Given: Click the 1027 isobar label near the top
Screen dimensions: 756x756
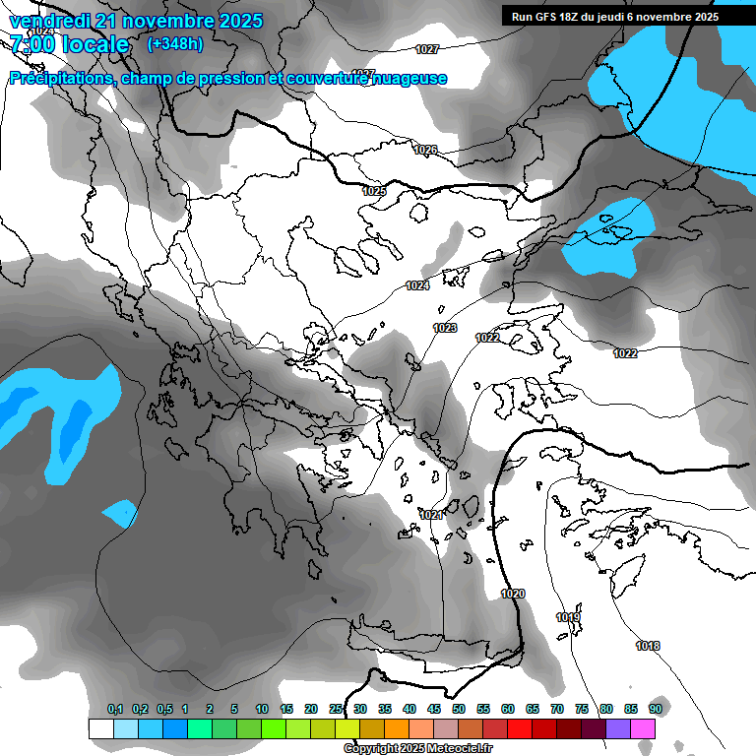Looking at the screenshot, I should (427, 49).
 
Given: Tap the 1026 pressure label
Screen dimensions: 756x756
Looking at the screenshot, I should (425, 150).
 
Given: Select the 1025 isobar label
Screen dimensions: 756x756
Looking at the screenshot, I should (374, 191).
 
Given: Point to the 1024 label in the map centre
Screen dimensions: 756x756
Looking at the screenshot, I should (417, 285).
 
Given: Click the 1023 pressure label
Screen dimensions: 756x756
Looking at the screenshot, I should (445, 328).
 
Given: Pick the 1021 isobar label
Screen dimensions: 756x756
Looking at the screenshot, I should (430, 515).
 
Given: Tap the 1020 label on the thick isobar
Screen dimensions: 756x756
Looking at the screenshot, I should (513, 594).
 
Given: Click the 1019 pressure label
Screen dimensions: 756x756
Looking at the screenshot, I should (568, 617).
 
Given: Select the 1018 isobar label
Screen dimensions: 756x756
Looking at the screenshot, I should (648, 646).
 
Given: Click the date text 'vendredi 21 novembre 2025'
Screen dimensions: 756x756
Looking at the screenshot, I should (136, 21).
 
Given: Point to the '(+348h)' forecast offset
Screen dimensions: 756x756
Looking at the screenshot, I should (175, 43).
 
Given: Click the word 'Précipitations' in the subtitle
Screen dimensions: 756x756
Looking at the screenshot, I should (61, 78).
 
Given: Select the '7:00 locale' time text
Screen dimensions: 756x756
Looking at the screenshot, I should (69, 44).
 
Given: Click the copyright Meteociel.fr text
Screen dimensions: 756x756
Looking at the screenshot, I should (417, 749).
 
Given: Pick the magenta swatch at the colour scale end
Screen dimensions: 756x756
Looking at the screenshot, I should (643, 728).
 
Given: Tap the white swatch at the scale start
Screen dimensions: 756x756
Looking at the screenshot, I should (100, 728).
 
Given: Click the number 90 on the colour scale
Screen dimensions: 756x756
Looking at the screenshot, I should (655, 709).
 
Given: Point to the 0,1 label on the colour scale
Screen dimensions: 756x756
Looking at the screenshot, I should (115, 709).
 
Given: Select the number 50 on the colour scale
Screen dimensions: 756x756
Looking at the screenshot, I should (459, 709).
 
